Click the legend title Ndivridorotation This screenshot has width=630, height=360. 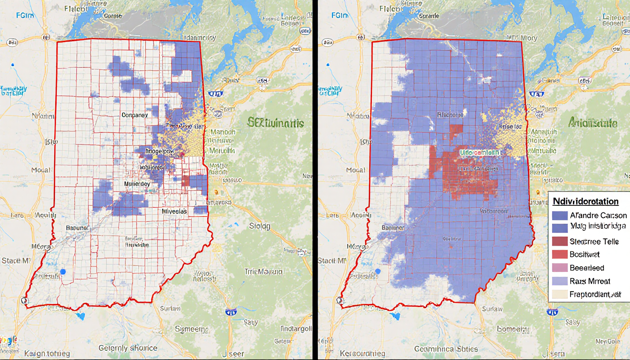pyautogui.click(x=585, y=202)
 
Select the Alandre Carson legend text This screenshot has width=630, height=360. pyautogui.click(x=598, y=216)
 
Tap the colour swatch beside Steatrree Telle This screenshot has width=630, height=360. pyautogui.click(x=560, y=242)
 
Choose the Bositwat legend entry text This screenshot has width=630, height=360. pyautogui.click(x=585, y=255)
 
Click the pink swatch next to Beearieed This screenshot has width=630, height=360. pyautogui.click(x=560, y=268)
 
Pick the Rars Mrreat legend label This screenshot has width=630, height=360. pyautogui.click(x=590, y=281)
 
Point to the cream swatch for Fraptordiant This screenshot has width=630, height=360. pyautogui.click(x=560, y=294)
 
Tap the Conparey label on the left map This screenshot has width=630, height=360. pyautogui.click(x=135, y=115)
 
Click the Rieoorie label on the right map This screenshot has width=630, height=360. pyautogui.click(x=450, y=115)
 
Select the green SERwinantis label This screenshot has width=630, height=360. pyautogui.click(x=276, y=124)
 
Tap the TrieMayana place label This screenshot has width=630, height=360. pyautogui.click(x=263, y=271)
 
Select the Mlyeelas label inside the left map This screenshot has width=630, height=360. pyautogui.click(x=174, y=211)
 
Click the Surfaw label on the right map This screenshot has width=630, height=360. pyautogui.click(x=491, y=308)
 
